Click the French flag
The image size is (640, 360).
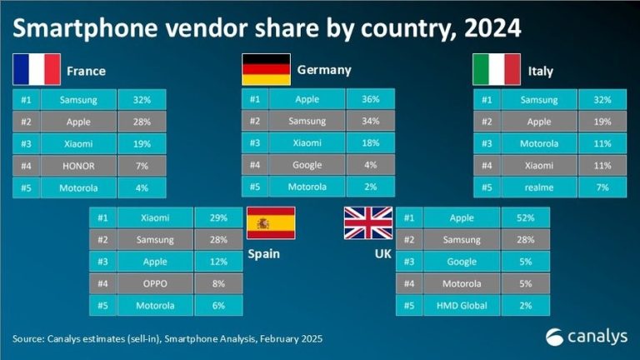point(37,69)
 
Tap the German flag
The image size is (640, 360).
point(266,69)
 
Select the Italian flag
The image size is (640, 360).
point(497,69)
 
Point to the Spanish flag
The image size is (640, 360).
point(269,224)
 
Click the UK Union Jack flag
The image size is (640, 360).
point(368,224)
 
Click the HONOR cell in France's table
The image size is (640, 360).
point(78,165)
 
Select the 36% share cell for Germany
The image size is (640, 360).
point(370,99)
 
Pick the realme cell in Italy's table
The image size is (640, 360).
point(532,187)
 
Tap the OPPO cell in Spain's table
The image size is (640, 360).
point(156,282)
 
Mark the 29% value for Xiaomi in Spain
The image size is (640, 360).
point(218,218)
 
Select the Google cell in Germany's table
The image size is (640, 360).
point(307,165)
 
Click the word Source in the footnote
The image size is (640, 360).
point(30,339)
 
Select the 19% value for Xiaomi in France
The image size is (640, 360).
point(141,143)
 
